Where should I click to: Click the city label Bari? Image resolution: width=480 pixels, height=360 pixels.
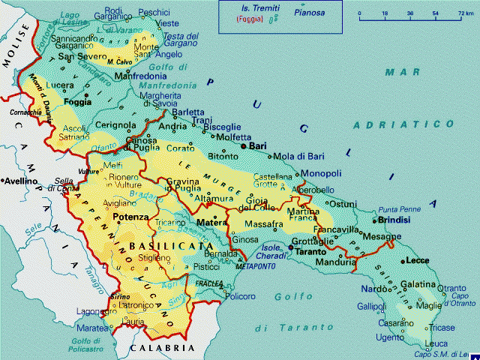tap(259, 146)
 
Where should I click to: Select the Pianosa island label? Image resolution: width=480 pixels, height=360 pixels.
tap(310, 13)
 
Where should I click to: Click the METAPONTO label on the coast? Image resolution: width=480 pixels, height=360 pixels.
tap(252, 266)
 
